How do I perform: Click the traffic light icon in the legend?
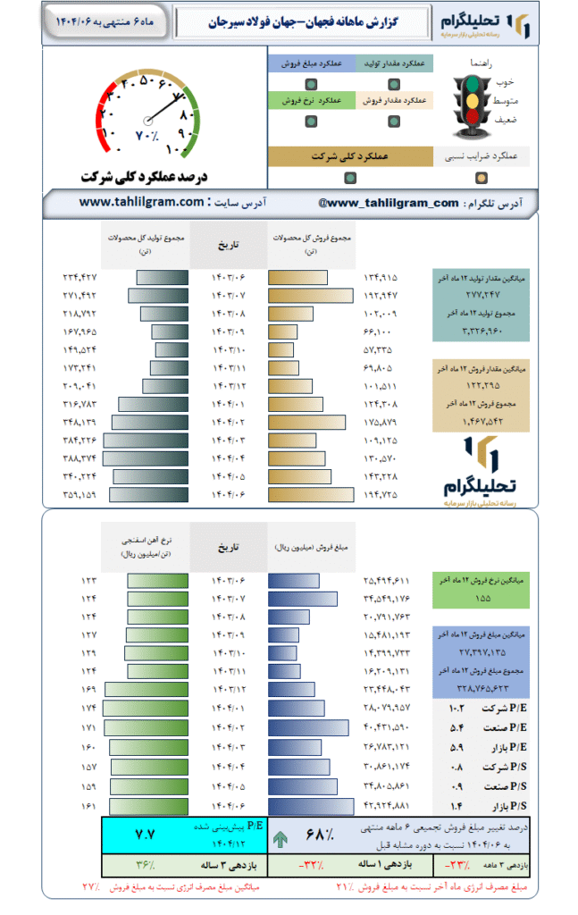pyautogui.click(x=468, y=98)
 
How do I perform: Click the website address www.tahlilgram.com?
pyautogui.click(x=142, y=203)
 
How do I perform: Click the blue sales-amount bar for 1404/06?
pyautogui.click(x=314, y=806)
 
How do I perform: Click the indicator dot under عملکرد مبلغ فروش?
pyautogui.click(x=309, y=84)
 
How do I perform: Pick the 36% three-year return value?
pyautogui.click(x=145, y=865)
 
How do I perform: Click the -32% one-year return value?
pyautogui.click(x=312, y=865)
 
